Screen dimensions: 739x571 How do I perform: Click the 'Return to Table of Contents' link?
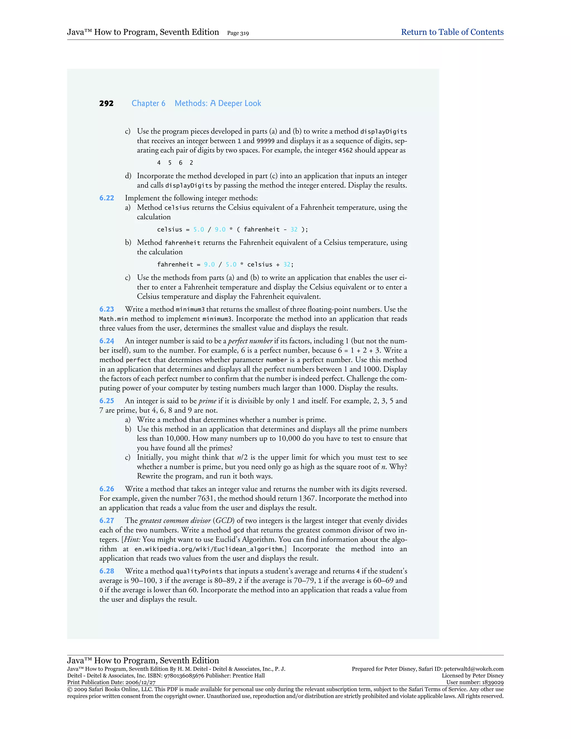(452, 32)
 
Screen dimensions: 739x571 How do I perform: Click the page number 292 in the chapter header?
(106, 103)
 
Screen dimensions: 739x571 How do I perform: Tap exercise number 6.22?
(107, 198)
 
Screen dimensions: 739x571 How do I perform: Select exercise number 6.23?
(107, 309)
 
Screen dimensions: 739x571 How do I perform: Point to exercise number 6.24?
(107, 341)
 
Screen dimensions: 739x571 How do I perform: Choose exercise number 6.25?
(107, 401)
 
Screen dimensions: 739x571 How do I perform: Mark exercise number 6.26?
(107, 489)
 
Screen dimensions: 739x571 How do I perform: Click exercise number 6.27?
(107, 521)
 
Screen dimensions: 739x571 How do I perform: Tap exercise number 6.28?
(107, 571)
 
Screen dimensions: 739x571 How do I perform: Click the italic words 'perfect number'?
(250, 341)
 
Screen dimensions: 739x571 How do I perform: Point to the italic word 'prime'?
(207, 401)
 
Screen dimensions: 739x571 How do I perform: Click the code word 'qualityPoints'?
(199, 571)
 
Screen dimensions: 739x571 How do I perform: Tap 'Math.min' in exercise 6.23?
(114, 319)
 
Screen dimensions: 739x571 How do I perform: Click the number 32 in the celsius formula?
(294, 230)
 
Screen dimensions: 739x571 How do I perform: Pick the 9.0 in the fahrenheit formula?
(209, 265)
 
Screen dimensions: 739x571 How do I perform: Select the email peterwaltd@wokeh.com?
(474, 669)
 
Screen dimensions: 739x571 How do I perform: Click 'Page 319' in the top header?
(238, 33)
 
